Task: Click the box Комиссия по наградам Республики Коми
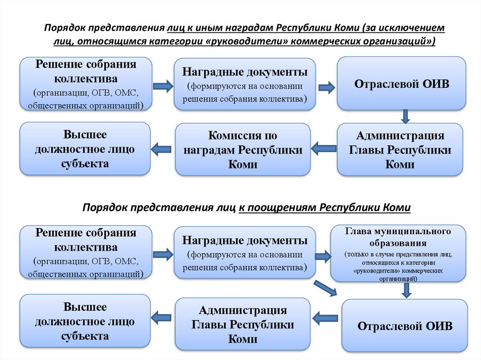click(x=243, y=150)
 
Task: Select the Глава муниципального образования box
click(x=398, y=253)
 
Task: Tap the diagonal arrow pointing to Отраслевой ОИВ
click(x=326, y=287)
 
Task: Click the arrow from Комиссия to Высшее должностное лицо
click(x=161, y=149)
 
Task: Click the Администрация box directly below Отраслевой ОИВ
click(x=400, y=150)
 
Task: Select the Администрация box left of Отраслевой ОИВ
click(x=243, y=324)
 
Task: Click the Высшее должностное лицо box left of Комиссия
click(x=85, y=149)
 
